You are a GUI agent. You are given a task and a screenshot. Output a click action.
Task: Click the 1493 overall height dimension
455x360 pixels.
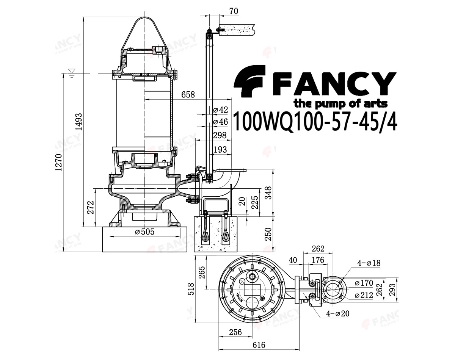coord(79,122)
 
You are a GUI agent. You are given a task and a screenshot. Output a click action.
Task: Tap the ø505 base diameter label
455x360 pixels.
coord(145,232)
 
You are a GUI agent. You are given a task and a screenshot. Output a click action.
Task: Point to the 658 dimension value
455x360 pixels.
coord(188,95)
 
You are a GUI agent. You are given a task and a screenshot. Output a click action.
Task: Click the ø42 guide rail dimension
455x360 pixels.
coord(221,110)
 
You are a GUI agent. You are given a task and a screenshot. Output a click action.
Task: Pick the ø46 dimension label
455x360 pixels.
coord(221,122)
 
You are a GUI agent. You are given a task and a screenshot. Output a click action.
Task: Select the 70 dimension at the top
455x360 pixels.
coord(234,11)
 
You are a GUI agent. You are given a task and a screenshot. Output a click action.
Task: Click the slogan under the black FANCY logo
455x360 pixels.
coord(340,103)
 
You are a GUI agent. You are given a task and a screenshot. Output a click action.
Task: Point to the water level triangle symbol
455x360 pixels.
coord(71,71)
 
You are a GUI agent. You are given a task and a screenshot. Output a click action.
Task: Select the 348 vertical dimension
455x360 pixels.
coord(279,194)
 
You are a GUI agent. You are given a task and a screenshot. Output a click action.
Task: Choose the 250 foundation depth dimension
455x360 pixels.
coord(268,234)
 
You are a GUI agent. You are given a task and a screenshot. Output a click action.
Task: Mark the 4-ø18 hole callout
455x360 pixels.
coord(368,263)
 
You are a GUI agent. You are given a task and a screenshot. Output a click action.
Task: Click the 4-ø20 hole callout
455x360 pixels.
coord(337,313)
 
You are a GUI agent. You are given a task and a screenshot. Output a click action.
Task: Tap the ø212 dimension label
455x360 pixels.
coord(364,295)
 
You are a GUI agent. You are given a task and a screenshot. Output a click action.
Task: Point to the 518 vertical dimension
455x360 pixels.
coord(191,289)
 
